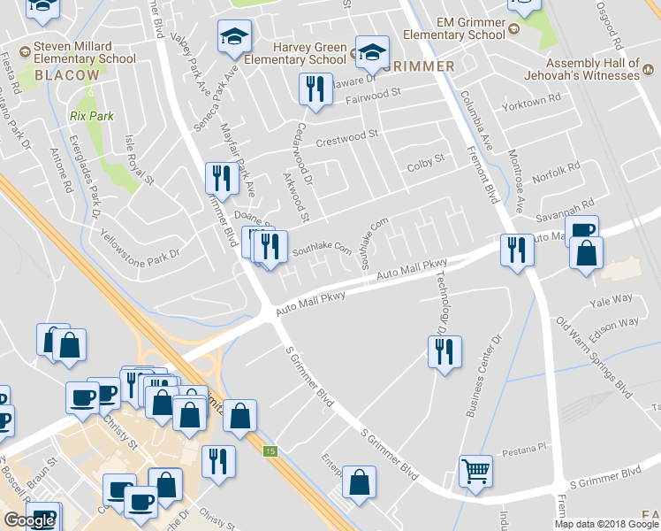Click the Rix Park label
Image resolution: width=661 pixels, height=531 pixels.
click(92, 116)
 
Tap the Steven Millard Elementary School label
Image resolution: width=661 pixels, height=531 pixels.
click(85, 52)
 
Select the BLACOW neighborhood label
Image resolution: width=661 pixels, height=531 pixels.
click(67, 76)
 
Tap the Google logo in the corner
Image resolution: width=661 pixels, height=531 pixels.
click(29, 520)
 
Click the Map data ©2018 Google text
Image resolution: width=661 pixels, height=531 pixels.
click(605, 524)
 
